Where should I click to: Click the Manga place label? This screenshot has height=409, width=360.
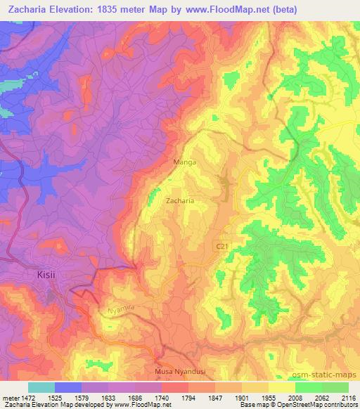[x=184, y=162]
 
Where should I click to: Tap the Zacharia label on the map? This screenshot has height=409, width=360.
[x=180, y=200]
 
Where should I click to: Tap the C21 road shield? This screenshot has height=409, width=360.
[x=222, y=245]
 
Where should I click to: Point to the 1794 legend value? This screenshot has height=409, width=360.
[x=188, y=397]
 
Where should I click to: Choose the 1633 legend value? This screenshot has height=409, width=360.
[x=108, y=397]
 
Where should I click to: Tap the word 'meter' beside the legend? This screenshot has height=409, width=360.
[x=10, y=397]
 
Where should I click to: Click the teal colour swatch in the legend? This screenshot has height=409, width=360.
[x=41, y=387]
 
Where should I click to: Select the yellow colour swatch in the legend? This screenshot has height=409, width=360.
[x=281, y=387]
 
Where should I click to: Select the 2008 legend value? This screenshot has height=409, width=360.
[x=294, y=397]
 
